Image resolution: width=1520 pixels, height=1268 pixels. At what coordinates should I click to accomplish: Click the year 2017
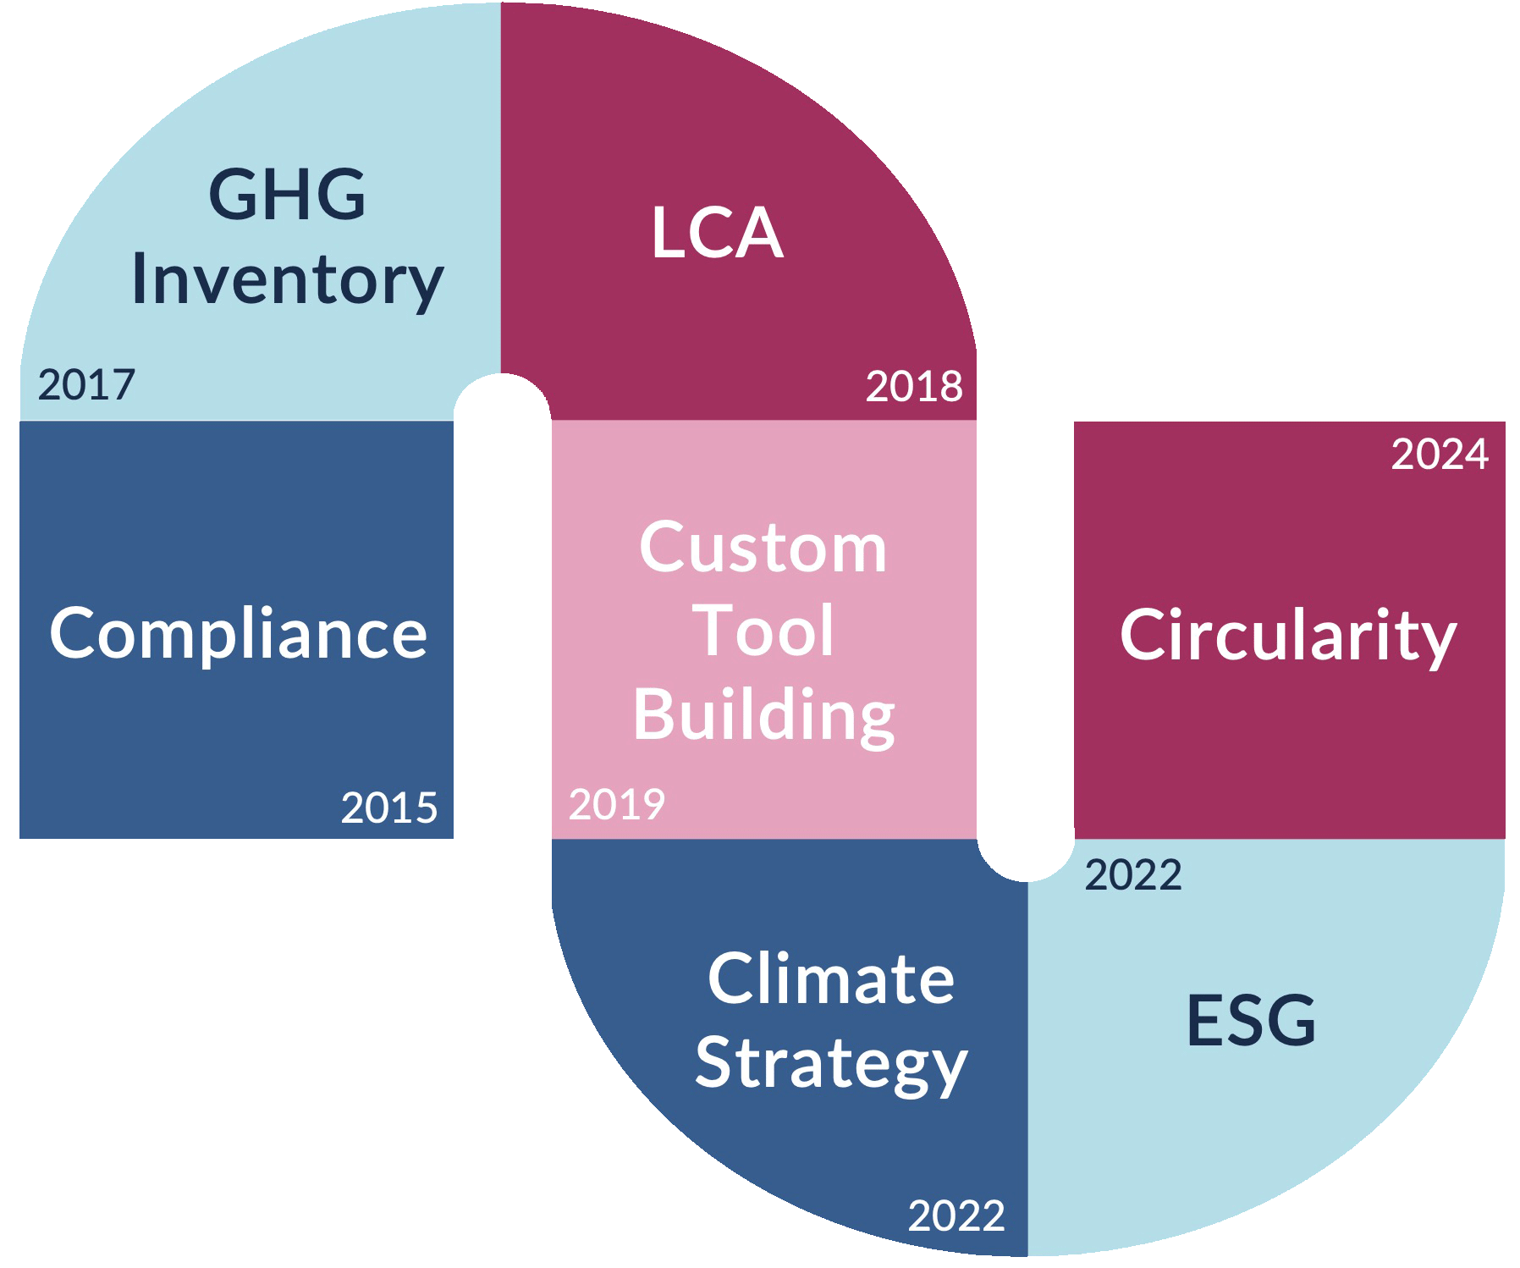coord(86,385)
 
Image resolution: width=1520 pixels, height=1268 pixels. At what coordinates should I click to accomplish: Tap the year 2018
coord(914,387)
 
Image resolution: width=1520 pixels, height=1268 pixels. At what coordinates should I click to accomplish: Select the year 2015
coord(389,808)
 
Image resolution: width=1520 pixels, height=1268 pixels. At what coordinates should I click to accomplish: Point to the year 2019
coord(617,804)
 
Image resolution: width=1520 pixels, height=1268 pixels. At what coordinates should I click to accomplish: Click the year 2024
coord(1440,455)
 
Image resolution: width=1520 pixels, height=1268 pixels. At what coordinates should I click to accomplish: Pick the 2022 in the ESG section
coord(1133,875)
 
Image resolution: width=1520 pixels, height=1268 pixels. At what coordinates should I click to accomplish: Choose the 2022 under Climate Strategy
coord(956,1216)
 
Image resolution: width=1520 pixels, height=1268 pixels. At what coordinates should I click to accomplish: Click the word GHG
coord(287,195)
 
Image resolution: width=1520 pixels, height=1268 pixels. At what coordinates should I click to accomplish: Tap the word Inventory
coord(288,281)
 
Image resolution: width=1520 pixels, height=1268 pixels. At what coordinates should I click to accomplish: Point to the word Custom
coord(763,548)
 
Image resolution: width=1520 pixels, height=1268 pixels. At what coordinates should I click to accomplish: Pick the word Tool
coord(764,631)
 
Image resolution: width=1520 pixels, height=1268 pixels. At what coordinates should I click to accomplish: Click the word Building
coord(764,716)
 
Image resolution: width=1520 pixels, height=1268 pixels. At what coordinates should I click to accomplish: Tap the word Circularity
coord(1288,637)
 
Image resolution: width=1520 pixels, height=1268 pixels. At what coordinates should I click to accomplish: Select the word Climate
coord(831,979)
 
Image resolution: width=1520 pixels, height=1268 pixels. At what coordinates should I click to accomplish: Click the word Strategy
coord(831,1065)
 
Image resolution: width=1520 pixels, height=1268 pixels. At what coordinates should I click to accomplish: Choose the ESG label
coord(1251,1021)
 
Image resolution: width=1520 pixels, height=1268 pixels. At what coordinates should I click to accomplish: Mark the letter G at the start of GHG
coord(231,195)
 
